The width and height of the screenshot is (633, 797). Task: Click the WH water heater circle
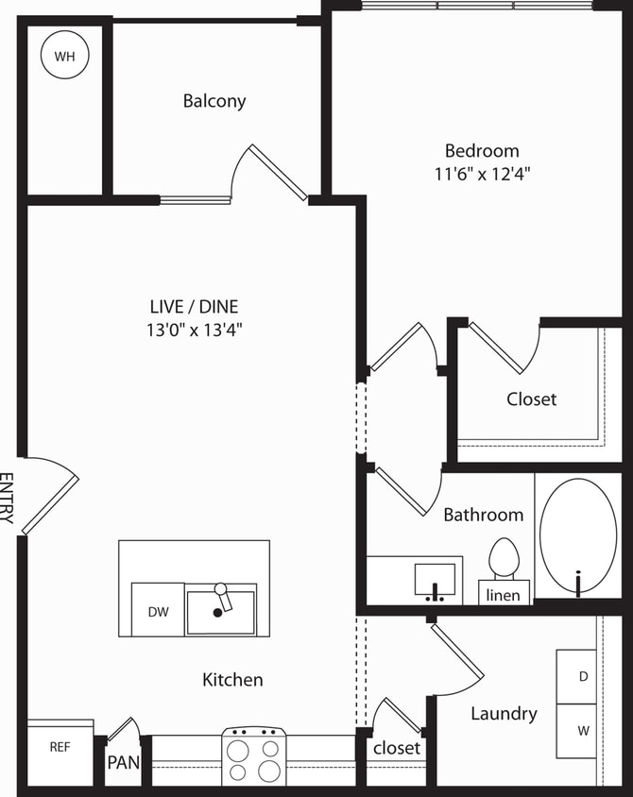[64, 56]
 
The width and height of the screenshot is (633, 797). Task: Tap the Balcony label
[214, 101]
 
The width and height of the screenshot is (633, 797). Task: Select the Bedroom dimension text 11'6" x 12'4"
[482, 174]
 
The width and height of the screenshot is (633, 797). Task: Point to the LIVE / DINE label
[194, 306]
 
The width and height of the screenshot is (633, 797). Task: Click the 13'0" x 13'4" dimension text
[194, 330]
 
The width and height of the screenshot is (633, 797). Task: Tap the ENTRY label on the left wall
[7, 498]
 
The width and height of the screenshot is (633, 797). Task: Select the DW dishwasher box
[158, 611]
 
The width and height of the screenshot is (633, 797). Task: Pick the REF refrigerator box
[60, 747]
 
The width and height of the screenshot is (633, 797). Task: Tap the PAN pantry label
[122, 762]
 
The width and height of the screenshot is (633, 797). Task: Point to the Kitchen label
[232, 679]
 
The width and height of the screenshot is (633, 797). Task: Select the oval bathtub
[578, 536]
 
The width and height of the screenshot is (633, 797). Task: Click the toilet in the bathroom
[504, 559]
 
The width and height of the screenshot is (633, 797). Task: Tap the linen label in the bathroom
[503, 595]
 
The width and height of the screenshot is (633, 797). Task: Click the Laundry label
[504, 714]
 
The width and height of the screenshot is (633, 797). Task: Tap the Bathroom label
[483, 515]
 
